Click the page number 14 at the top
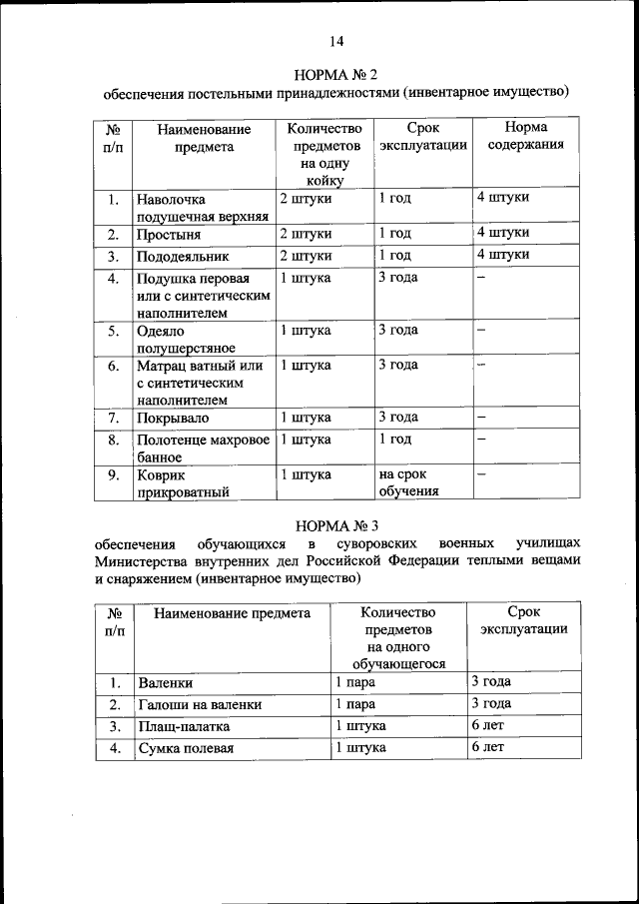tap(336, 41)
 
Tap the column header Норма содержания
tap(525, 137)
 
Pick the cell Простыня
tap(170, 235)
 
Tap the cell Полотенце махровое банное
tap(201, 448)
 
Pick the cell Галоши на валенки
tap(200, 705)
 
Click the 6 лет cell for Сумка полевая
tap(488, 747)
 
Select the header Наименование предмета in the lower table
tap(232, 613)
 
